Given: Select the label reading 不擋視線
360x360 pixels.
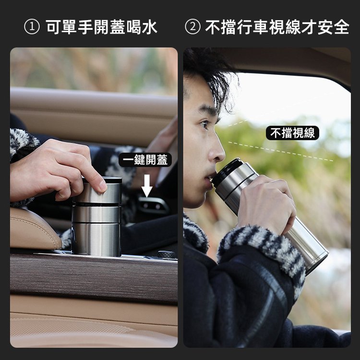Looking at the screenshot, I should (x=292, y=132).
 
